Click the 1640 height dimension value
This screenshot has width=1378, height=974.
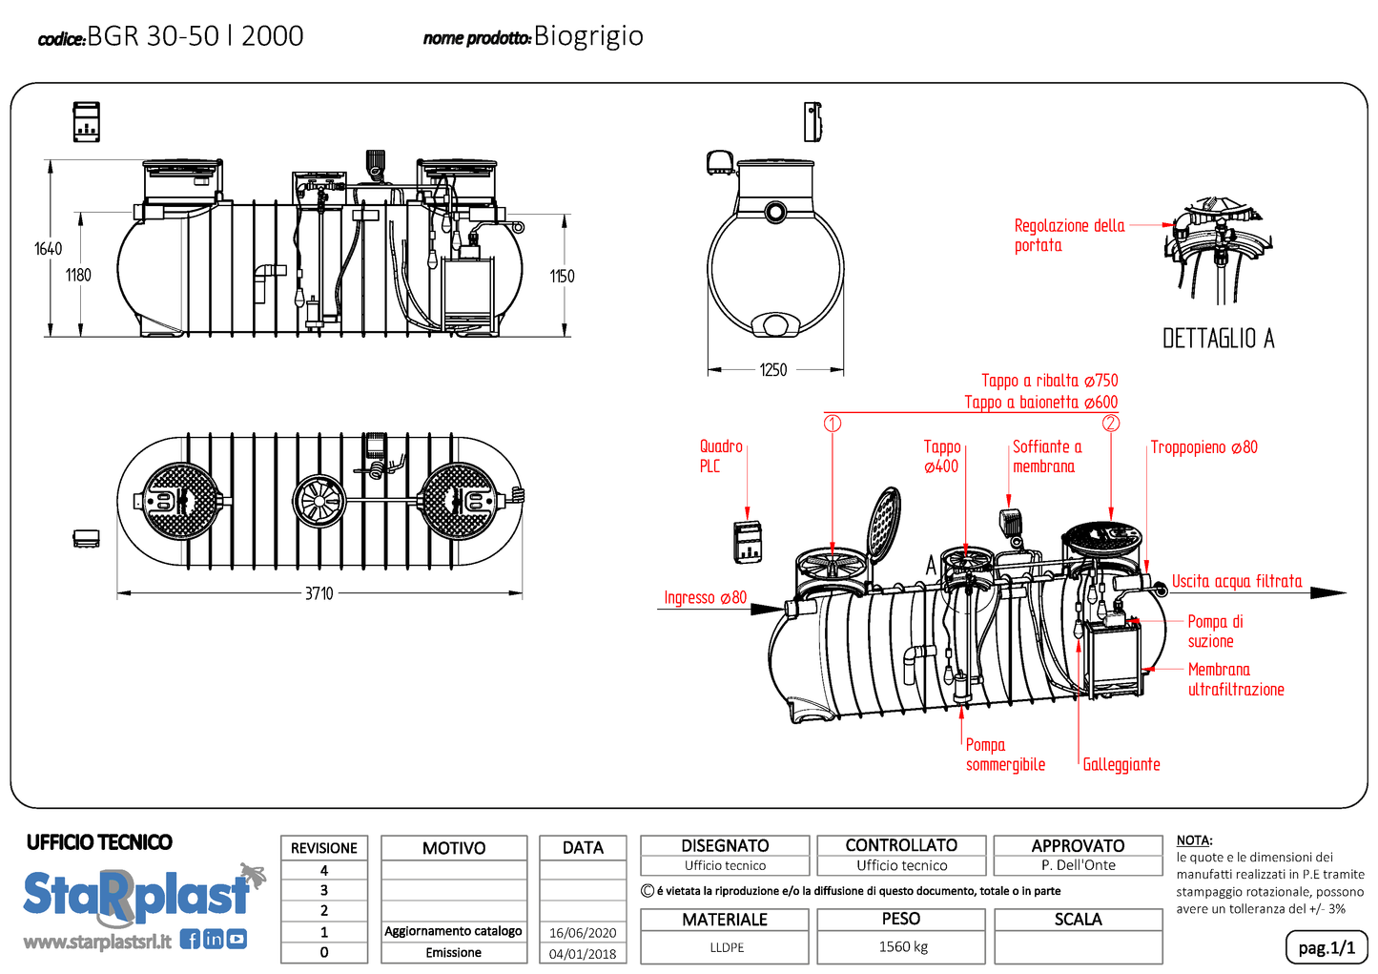point(48,249)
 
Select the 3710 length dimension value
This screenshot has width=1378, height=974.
point(319,593)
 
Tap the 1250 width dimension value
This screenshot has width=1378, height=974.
point(772,370)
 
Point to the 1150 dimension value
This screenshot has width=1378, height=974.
point(562,277)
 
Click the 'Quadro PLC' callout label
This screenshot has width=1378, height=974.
point(720,456)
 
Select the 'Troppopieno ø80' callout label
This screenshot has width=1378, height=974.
point(1203,447)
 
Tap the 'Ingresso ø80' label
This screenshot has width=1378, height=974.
point(705,598)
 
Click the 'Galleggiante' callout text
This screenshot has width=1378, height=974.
point(1121,764)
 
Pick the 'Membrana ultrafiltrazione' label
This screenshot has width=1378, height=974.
point(1235,679)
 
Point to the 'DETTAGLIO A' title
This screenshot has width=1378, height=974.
point(1218,339)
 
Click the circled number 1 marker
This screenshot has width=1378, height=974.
point(833,423)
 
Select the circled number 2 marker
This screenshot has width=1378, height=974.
point(1111,423)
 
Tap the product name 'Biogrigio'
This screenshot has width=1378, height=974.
point(588,36)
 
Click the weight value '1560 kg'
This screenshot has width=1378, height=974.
point(902,946)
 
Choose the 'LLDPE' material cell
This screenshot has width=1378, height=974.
point(727,947)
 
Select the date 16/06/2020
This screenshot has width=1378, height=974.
point(583,933)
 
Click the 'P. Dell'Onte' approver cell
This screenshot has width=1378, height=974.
point(1078,865)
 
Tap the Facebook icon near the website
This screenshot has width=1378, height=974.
point(190,940)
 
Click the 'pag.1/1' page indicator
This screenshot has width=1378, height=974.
point(1326,947)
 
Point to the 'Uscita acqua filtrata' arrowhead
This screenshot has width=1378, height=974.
point(1329,592)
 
